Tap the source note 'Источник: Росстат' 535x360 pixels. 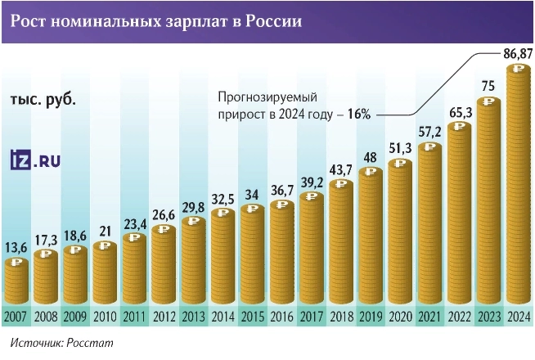[x=62, y=342]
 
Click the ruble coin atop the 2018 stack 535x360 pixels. [x=340, y=184]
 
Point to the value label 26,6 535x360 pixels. [x=164, y=215]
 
